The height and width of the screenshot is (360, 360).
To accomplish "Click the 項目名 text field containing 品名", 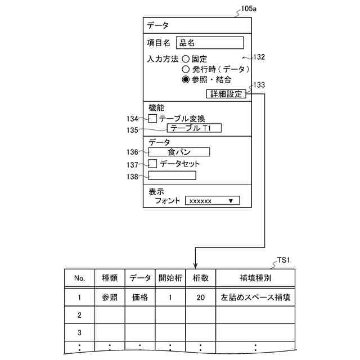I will pyautogui.click(x=209, y=43).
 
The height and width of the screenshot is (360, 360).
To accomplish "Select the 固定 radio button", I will pyautogui.click(x=186, y=59).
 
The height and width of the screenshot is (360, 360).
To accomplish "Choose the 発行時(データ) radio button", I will pyautogui.click(x=186, y=69).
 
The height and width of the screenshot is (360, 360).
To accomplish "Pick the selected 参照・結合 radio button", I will pyautogui.click(x=186, y=80).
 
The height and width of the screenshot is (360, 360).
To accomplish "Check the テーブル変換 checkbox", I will pyautogui.click(x=153, y=119).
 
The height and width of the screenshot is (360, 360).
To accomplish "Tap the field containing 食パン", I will pyautogui.click(x=179, y=152).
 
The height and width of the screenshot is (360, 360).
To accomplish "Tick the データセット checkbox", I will pyautogui.click(x=153, y=164).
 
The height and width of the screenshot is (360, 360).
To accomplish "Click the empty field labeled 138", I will pyautogui.click(x=172, y=175).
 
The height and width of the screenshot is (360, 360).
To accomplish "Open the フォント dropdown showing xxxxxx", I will pyautogui.click(x=212, y=200).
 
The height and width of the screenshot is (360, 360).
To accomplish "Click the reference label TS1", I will pyautogui.click(x=285, y=261).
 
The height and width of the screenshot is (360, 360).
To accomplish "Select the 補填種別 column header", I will pyautogui.click(x=255, y=278).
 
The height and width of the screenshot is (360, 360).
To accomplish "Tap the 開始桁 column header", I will pyautogui.click(x=170, y=278).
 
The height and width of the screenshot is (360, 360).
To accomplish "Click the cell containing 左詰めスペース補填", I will pyautogui.click(x=255, y=298).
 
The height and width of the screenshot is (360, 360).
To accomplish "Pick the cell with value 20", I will pyautogui.click(x=201, y=298).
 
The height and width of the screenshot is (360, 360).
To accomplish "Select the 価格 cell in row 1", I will pyautogui.click(x=140, y=298).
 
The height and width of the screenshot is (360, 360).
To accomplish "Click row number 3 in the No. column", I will pyautogui.click(x=79, y=332).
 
